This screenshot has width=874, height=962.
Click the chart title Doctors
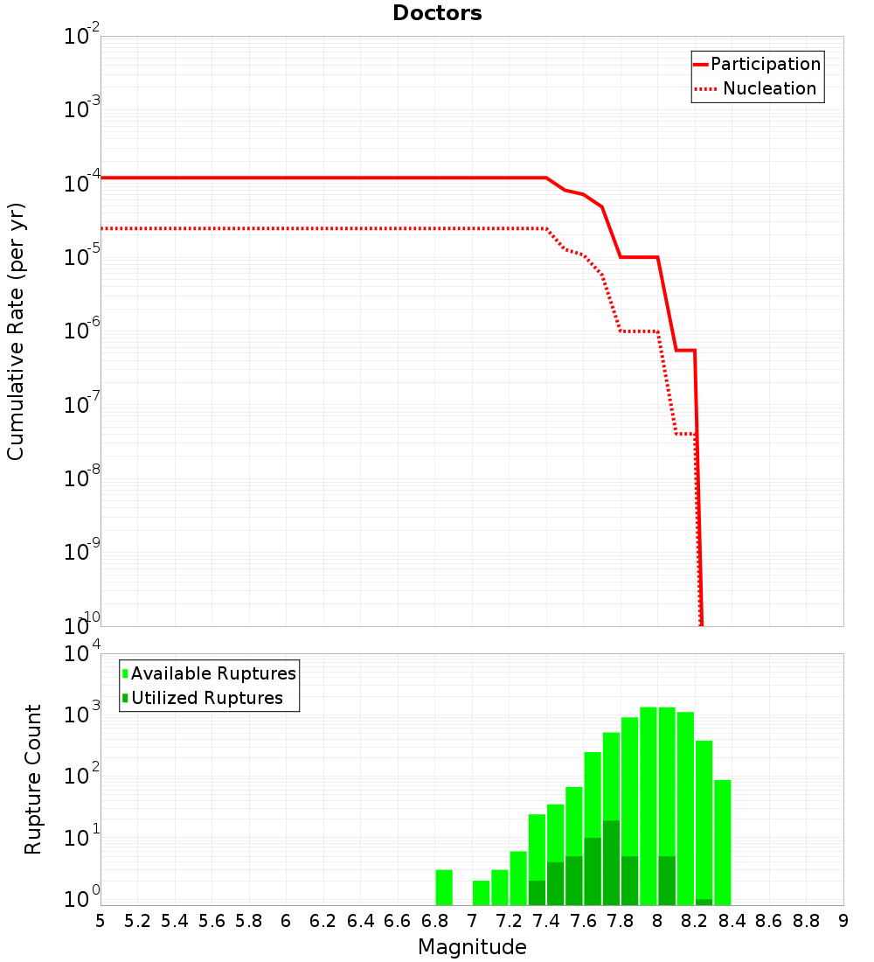pos(437,13)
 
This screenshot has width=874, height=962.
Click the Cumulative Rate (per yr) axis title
pos(16,331)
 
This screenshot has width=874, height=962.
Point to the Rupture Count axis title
pos(33,779)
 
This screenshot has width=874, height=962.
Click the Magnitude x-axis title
pos(472,947)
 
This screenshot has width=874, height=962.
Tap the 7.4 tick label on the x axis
pos(546,921)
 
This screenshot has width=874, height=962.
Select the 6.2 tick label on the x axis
pos(323,921)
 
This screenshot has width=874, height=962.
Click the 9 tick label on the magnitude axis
pos(843,921)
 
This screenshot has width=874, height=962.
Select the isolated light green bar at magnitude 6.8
pos(444,887)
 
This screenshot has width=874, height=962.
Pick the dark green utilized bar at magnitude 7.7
pos(611,862)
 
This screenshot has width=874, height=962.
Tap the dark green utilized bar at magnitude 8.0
pos(667,881)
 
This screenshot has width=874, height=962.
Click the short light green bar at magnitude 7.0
pos(481,892)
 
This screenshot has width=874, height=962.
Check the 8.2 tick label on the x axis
pos(695,921)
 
